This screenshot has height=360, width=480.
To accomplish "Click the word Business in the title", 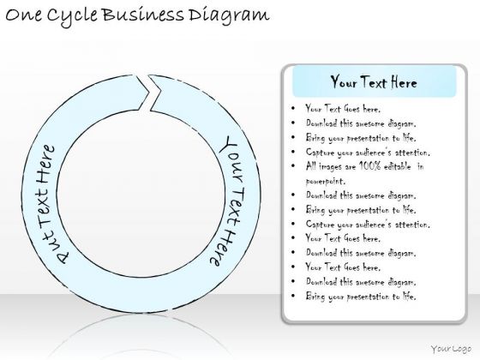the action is coord(142,15).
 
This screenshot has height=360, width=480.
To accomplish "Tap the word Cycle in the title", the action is coord(73,16).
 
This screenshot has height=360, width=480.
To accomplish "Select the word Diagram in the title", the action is coord(229,16).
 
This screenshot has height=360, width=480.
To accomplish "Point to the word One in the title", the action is coord(24,15).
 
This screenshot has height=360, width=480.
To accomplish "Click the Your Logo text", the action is coord(451,349).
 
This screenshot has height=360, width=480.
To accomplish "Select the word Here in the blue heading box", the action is coord(404,82).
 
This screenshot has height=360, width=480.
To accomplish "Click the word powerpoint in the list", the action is coord(326,181).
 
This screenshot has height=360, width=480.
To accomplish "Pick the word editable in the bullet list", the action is coord(398,166).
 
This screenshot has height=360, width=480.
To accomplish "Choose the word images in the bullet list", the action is coord(331,167).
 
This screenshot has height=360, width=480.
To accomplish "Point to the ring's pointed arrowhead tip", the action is coord(149,91).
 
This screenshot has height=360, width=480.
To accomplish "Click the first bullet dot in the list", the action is coord(293,108).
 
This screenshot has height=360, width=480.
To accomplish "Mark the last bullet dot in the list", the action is coord(293,296).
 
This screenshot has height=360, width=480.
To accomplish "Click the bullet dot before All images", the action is coord(293,166).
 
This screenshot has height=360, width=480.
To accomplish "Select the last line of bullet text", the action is coord(361,297).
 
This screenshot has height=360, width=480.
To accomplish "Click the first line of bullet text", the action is coord(343,109).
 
